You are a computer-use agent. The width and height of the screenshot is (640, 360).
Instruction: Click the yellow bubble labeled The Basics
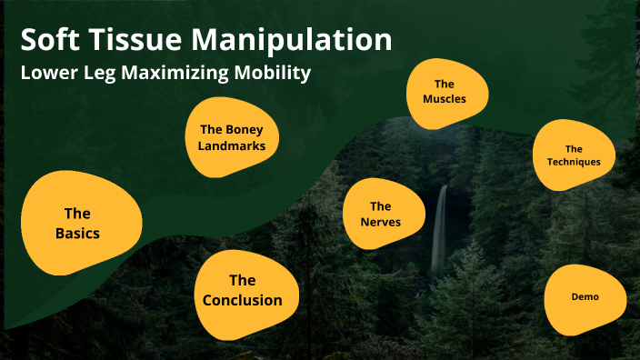coord(79,223)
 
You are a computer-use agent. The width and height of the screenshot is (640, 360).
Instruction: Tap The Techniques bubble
coord(574,155)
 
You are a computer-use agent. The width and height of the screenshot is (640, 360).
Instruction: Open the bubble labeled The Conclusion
coord(243,289)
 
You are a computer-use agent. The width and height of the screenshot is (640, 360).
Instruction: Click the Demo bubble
coord(585,297)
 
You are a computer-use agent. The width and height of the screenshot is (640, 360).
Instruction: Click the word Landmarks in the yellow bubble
coord(231,145)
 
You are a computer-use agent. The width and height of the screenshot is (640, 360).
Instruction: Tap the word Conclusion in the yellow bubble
coord(243,300)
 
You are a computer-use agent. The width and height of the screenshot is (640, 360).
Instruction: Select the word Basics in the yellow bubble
coord(77,233)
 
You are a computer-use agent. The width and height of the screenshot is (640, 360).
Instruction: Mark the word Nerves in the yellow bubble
coord(380,223)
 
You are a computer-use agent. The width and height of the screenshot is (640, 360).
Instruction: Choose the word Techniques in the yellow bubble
coord(574,162)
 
